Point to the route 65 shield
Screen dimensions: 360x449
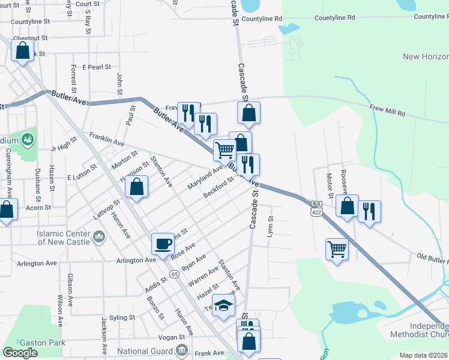(x=174, y=274)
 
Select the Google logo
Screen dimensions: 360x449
(x=20, y=352)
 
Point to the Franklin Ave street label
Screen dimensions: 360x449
(x=107, y=140)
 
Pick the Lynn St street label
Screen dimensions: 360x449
(x=271, y=226)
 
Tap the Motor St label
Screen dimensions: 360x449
(x=329, y=181)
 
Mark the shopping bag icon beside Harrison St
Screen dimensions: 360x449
(x=137, y=187)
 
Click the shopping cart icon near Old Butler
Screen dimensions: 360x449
(x=337, y=248)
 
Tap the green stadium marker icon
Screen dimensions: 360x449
(x=27, y=140)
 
